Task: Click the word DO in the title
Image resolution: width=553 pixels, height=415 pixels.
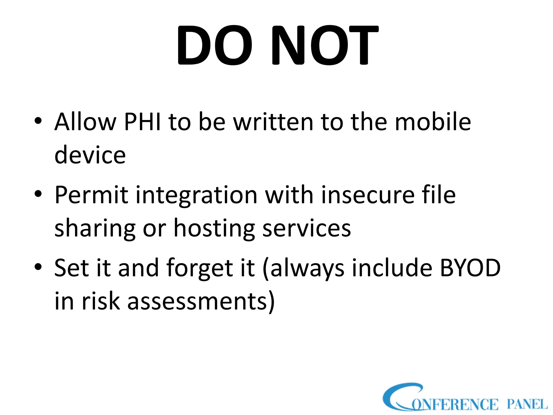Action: pyautogui.click(x=215, y=45)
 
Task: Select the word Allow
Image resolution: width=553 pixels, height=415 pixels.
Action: pyautogui.click(x=85, y=122)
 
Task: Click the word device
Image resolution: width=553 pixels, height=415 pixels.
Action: pyautogui.click(x=90, y=155)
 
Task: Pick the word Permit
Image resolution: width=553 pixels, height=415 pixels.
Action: pyautogui.click(x=91, y=195)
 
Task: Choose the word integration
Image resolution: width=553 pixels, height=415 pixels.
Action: pyautogui.click(x=196, y=195)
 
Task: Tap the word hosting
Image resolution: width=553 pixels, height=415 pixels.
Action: pyautogui.click(x=214, y=228)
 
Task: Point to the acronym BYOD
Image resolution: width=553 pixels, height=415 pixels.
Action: pyautogui.click(x=470, y=268)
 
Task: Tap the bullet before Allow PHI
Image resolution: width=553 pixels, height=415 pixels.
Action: pyautogui.click(x=38, y=121)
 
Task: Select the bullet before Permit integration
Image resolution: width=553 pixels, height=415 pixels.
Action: pyautogui.click(x=38, y=194)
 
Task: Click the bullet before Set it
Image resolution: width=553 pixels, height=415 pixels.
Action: pyautogui.click(x=38, y=267)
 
